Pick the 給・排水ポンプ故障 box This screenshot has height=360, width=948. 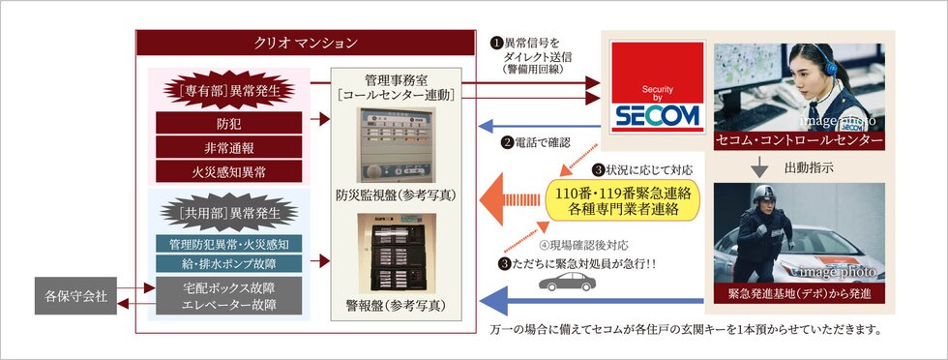pos(229,263)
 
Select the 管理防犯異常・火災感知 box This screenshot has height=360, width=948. pos(229,242)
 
